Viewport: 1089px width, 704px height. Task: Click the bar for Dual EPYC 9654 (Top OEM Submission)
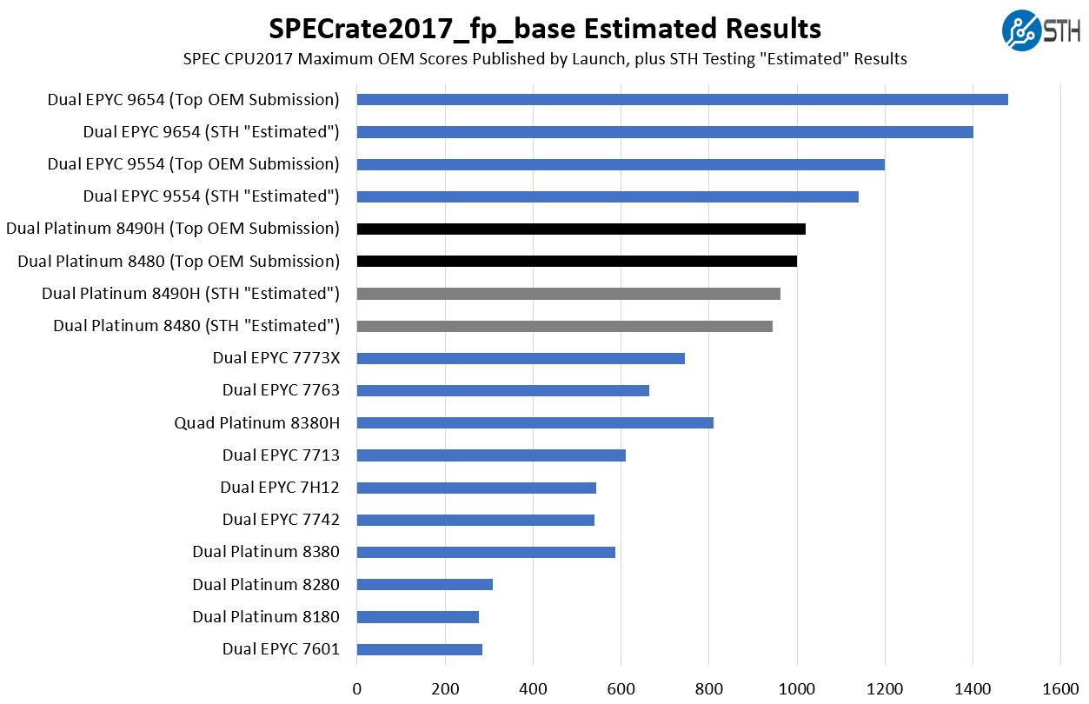(x=682, y=100)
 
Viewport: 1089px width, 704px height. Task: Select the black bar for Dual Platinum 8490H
(x=581, y=229)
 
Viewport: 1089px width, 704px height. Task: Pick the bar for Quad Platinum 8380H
(x=535, y=423)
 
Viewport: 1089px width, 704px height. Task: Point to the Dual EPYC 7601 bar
(x=419, y=649)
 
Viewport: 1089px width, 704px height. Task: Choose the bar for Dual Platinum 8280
(x=424, y=584)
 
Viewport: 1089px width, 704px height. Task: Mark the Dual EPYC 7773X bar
(x=520, y=358)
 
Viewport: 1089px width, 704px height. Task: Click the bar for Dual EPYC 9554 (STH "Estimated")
(x=608, y=196)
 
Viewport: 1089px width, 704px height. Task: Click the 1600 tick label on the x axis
(x=1060, y=689)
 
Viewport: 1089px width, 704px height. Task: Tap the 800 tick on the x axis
(x=708, y=689)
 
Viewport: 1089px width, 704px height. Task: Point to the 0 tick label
(x=356, y=689)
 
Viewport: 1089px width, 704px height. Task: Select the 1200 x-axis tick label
(x=885, y=689)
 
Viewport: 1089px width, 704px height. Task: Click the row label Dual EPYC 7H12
(x=279, y=488)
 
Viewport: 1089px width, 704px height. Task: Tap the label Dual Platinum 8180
(x=265, y=617)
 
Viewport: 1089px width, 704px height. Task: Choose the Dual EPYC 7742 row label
(x=280, y=520)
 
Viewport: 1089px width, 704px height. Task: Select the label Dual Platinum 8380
(x=265, y=552)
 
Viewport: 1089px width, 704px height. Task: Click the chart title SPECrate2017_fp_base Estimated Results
(x=544, y=29)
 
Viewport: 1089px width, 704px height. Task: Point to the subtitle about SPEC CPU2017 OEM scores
(x=544, y=59)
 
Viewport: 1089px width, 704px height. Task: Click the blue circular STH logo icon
(x=1020, y=30)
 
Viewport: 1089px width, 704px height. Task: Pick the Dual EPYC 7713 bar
(x=491, y=455)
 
